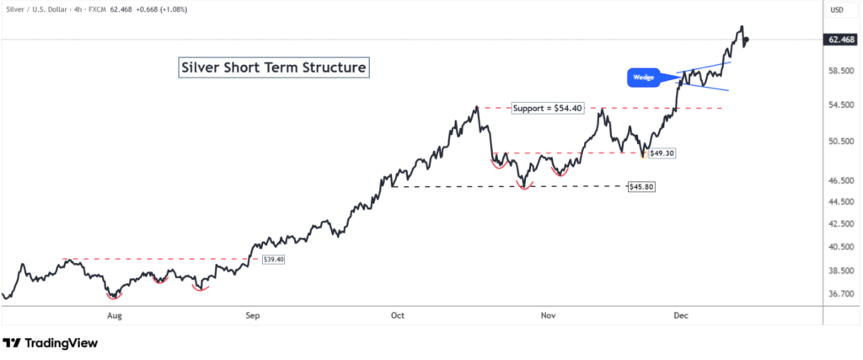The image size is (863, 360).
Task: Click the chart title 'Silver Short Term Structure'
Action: tap(274, 68)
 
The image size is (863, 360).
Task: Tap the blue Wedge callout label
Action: tap(645, 78)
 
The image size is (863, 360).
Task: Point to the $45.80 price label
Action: tap(642, 185)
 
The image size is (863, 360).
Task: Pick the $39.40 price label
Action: tap(274, 260)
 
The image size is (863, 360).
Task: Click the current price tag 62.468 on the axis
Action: tap(843, 40)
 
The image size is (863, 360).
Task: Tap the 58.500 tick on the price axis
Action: tap(842, 72)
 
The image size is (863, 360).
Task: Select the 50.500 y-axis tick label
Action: tap(842, 141)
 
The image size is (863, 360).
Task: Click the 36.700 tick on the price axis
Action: tap(842, 294)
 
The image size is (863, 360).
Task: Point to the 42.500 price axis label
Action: tap(842, 224)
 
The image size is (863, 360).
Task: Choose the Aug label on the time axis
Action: tap(115, 315)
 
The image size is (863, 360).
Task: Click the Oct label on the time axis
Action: tap(398, 315)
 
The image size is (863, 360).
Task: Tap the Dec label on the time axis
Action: tap(682, 315)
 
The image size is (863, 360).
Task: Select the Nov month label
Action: tap(548, 315)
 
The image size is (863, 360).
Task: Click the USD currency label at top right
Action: tap(837, 10)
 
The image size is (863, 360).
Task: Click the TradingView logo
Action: tap(51, 343)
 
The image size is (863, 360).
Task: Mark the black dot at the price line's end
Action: tap(746, 39)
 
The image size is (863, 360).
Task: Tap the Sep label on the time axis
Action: tap(253, 315)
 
